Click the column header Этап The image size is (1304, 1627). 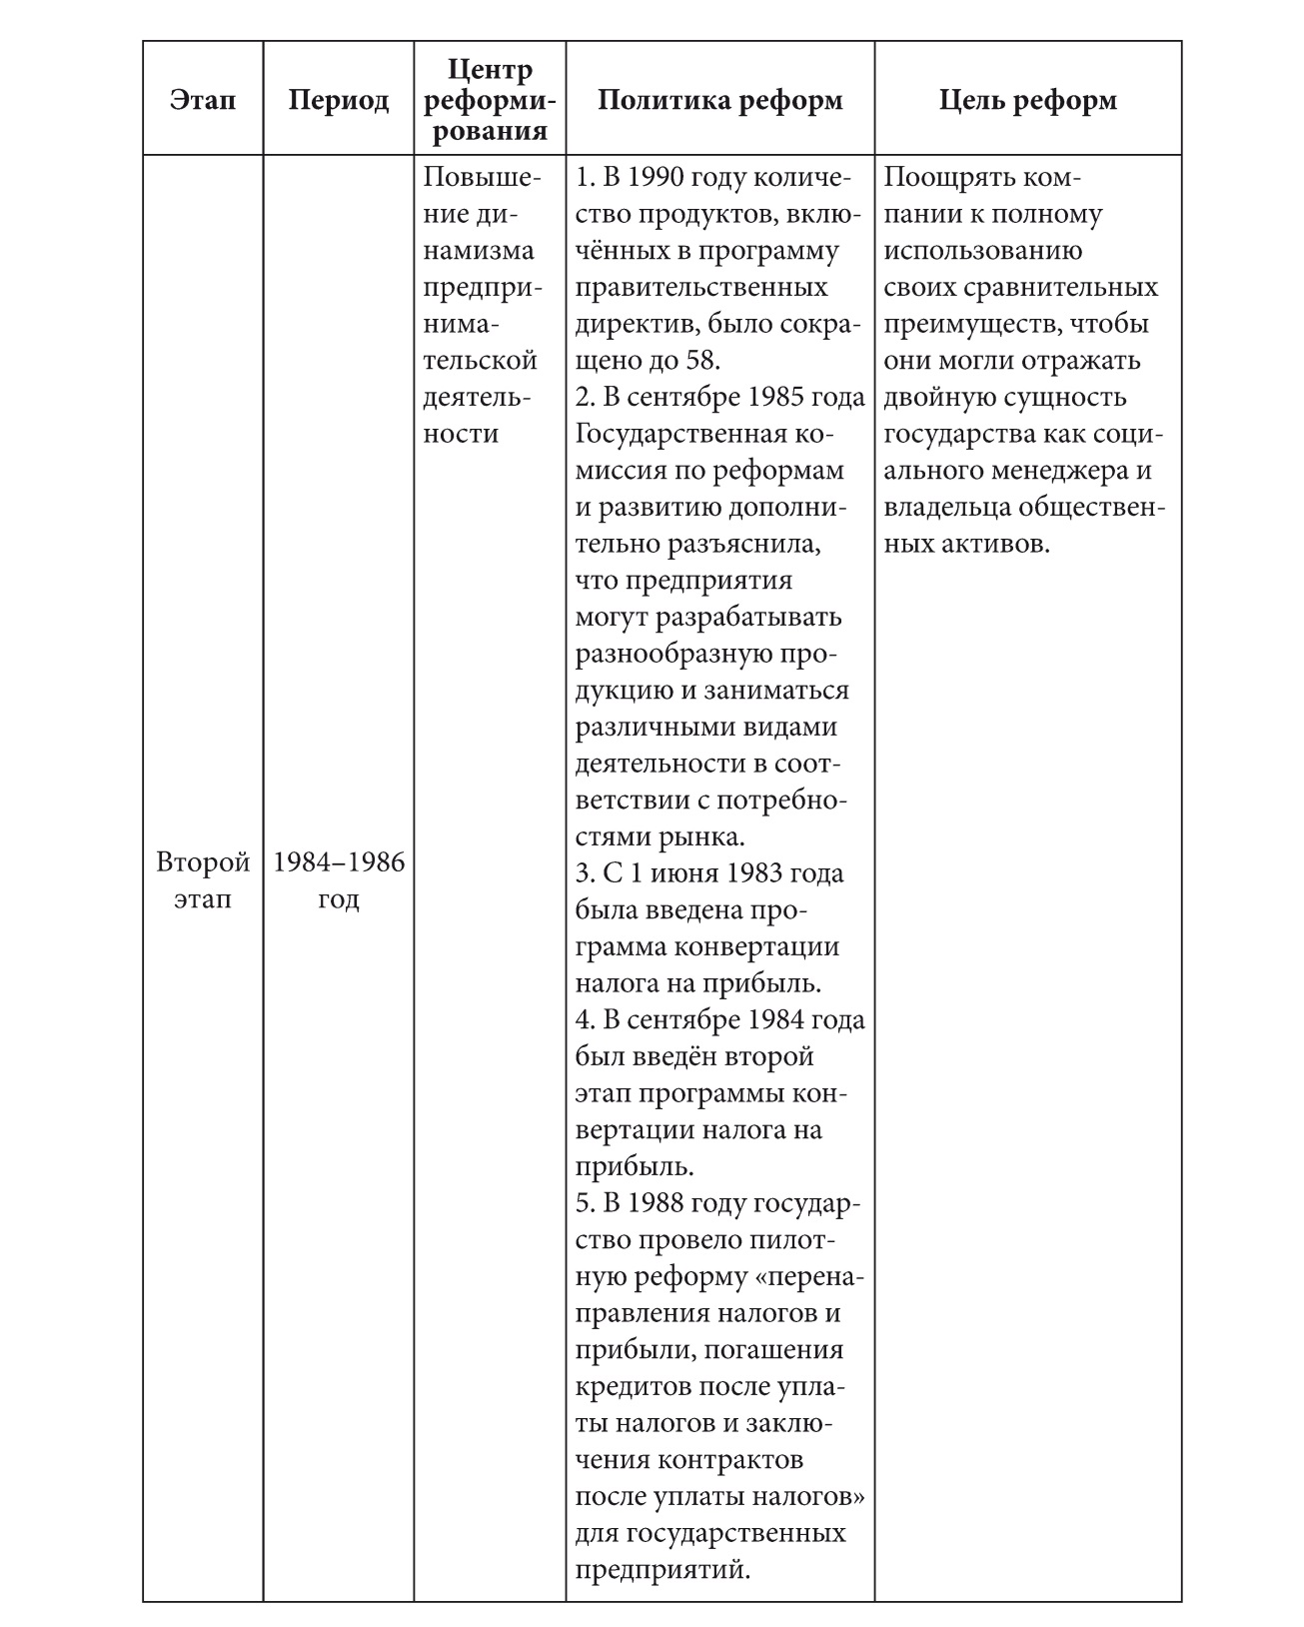pos(203,100)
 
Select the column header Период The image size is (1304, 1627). pos(339,100)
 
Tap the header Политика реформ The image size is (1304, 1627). pos(719,100)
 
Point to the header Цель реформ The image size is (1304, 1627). pos(1028,100)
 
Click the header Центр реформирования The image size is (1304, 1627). pos(490,100)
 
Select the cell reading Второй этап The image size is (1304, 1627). pos(203,880)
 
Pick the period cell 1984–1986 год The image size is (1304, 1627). pos(339,880)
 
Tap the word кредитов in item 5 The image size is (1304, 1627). pos(635,1386)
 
